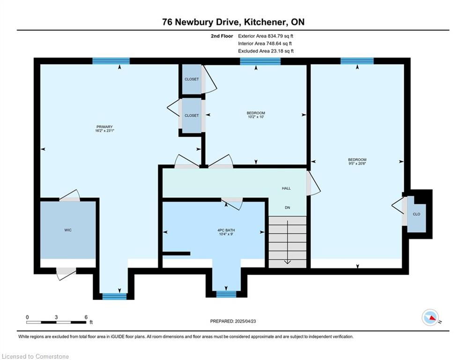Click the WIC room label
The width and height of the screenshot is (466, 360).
click(68, 230)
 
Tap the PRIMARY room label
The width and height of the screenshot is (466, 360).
click(104, 127)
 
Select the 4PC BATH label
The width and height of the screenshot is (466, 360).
click(226, 230)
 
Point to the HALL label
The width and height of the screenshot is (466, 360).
click(286, 188)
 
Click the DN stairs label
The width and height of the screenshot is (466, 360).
click(288, 208)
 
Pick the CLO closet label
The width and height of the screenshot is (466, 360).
click(416, 214)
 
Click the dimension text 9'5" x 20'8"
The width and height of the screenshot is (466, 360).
click(357, 163)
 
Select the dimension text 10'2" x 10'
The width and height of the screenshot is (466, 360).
click(256, 117)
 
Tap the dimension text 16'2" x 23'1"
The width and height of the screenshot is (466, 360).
click(104, 131)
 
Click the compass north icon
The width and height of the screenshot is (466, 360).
click(430, 317)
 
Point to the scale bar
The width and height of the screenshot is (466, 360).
click(56, 322)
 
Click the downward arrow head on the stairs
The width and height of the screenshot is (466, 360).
click(288, 262)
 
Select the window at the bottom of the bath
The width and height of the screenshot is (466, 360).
click(226, 294)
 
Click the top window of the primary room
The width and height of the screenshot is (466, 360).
click(111, 61)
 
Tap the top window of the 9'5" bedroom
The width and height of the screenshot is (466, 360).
click(357, 61)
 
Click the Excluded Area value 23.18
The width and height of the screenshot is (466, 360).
click(276, 51)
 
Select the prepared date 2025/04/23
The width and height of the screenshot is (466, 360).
click(245, 321)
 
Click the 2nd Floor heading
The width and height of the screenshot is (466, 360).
click(222, 36)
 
